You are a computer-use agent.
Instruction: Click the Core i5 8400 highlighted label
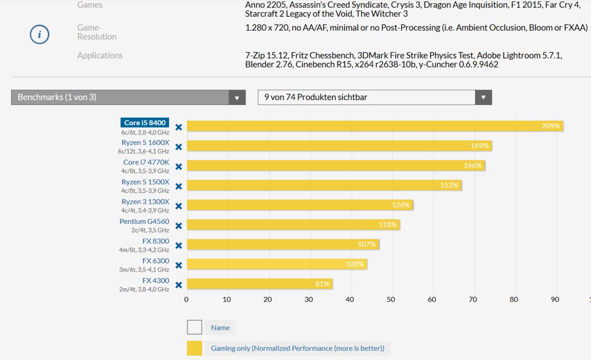(x=144, y=122)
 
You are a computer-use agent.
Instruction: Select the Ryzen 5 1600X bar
(x=339, y=146)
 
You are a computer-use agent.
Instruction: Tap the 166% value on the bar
(x=472, y=165)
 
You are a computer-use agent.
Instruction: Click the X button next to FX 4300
(x=179, y=285)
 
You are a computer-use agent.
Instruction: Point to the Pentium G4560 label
(x=144, y=221)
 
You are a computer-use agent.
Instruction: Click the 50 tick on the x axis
(x=391, y=299)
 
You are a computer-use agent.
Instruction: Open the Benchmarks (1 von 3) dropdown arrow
(x=237, y=98)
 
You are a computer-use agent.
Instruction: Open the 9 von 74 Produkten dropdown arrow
(x=483, y=97)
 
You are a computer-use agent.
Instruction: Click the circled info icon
(x=39, y=35)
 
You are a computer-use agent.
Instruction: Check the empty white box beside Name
(x=194, y=327)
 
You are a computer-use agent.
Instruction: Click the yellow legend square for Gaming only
(x=194, y=348)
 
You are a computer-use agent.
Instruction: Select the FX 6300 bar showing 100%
(x=277, y=264)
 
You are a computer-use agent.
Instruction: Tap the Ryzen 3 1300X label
(x=145, y=202)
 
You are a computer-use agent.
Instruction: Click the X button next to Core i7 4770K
(x=179, y=167)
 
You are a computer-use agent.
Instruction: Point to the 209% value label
(x=551, y=126)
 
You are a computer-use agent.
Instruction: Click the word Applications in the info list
(x=100, y=56)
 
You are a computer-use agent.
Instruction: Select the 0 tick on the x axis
(x=186, y=299)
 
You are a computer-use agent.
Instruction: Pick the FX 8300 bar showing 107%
(x=283, y=245)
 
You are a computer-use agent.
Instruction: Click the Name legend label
(x=220, y=327)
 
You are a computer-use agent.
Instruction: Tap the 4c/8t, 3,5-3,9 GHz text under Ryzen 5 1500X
(x=145, y=191)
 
